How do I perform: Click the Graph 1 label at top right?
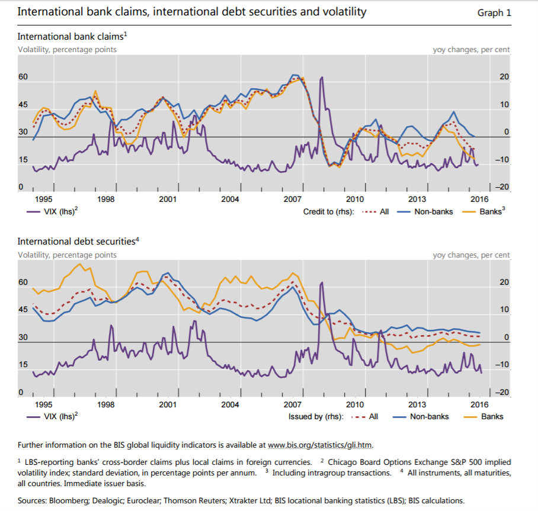point(494,12)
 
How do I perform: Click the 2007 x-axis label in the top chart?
point(293,199)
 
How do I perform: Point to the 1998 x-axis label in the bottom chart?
point(106,404)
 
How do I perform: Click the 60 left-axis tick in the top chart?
point(23,77)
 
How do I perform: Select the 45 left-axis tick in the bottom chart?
point(23,310)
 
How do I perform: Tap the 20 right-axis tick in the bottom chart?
point(504,282)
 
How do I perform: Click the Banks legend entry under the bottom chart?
point(492,416)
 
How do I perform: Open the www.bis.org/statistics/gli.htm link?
point(321,445)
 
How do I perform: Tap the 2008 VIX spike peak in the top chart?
point(322,78)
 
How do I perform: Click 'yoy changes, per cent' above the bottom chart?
point(471,255)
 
